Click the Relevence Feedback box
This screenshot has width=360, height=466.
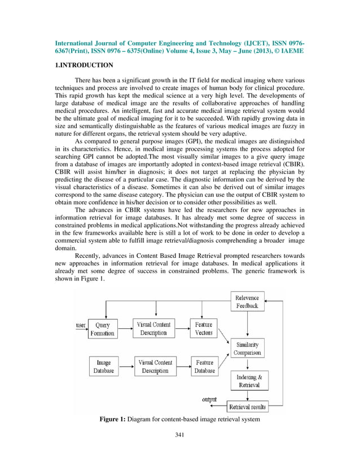pyautogui.click(x=247, y=302)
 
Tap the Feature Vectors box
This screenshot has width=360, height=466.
pyautogui.click(x=204, y=329)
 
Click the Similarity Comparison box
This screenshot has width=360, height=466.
pyautogui.click(x=247, y=348)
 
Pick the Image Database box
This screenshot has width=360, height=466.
pyautogui.click(x=103, y=367)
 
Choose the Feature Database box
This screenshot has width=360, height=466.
pyautogui.click(x=204, y=367)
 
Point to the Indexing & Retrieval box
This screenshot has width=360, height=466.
pyautogui.click(x=248, y=381)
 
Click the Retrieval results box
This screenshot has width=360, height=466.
pyautogui.click(x=247, y=406)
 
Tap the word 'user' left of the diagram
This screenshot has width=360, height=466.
pyautogui.click(x=81, y=326)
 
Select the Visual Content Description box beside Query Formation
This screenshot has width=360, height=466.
pyautogui.click(x=154, y=329)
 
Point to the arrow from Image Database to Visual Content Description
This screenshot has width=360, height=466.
pyautogui.click(x=125, y=367)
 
